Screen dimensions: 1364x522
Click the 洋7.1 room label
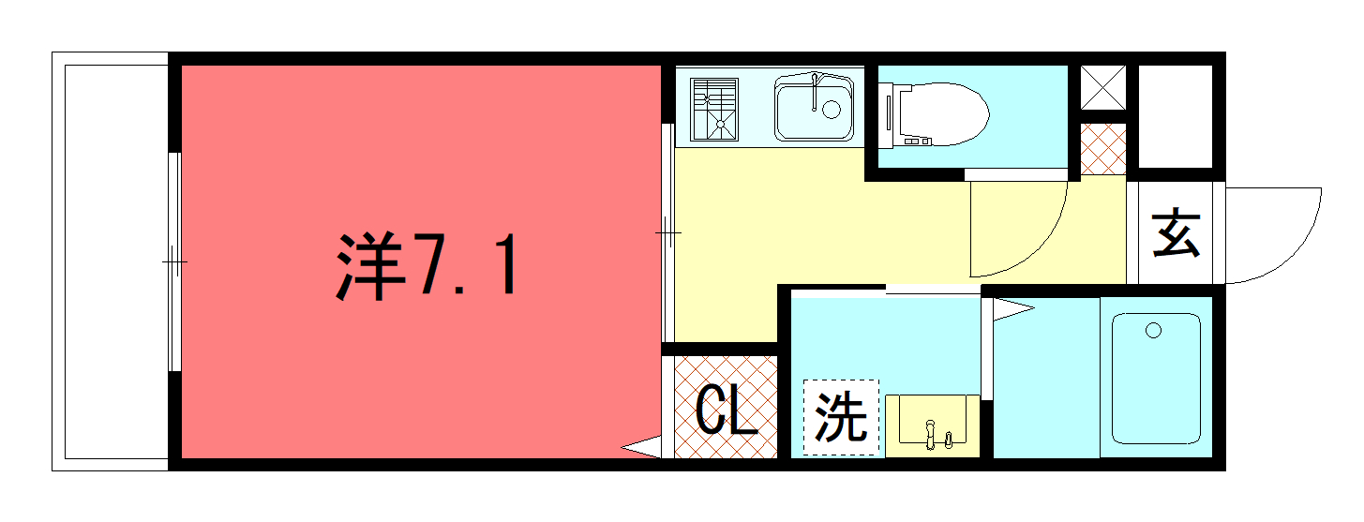[x=427, y=265]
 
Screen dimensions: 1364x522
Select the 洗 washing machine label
[x=841, y=417]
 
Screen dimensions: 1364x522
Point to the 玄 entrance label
[x=1176, y=233]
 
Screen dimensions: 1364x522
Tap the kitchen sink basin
[x=814, y=109]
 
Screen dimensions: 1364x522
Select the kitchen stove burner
[x=714, y=109]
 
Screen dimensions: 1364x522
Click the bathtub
[x=1156, y=379]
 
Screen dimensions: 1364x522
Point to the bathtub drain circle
[x=1153, y=331]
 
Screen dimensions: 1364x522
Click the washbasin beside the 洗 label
[x=932, y=425]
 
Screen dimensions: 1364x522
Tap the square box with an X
[x=1102, y=87]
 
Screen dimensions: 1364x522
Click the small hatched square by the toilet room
[x=1102, y=149]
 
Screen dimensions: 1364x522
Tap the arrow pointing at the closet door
[x=641, y=447]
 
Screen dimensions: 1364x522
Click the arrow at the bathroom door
[x=1013, y=309]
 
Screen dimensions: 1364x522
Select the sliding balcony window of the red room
[x=174, y=261]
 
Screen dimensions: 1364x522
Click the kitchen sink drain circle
[x=832, y=110]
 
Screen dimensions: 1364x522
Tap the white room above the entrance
[x=1176, y=116]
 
